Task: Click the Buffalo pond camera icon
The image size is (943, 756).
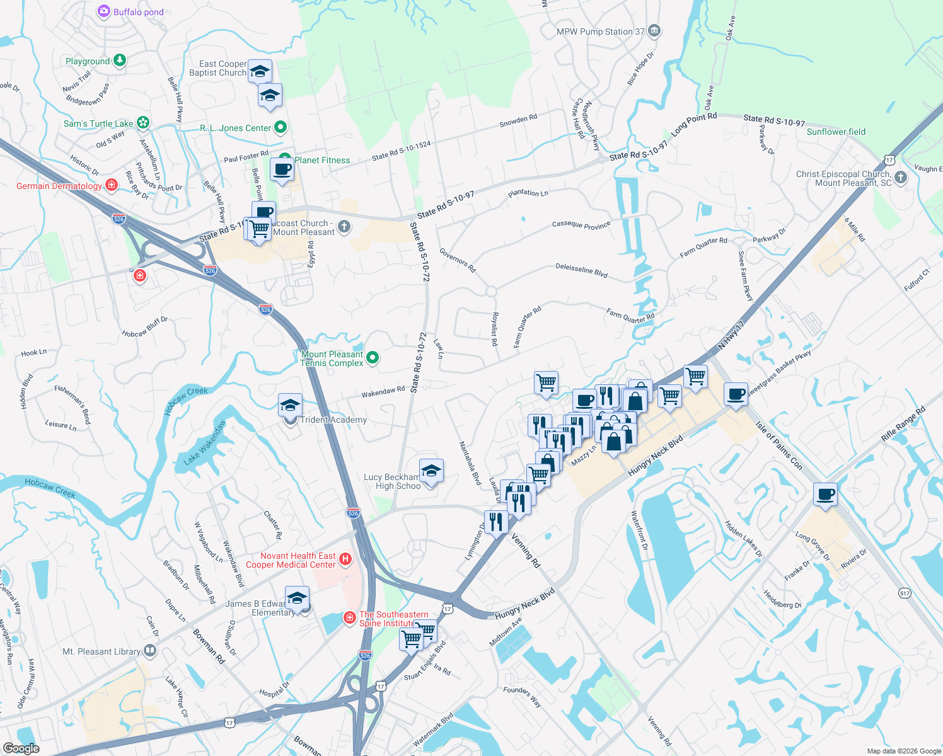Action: point(104,11)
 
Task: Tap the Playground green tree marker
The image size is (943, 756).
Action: point(120,60)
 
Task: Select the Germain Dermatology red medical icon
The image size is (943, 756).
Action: point(112,185)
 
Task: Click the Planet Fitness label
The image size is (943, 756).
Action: point(322,160)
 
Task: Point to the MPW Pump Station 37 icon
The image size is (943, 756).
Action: point(654,31)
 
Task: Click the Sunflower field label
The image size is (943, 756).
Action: point(836,132)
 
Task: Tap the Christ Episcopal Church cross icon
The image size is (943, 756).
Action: point(901,178)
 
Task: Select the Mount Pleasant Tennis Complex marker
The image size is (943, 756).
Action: point(373,358)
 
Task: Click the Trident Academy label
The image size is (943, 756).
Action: point(333,420)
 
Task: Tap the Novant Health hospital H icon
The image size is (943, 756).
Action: point(345,559)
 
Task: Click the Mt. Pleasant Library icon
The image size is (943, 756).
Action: point(150,650)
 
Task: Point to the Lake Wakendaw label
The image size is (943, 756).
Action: point(204,443)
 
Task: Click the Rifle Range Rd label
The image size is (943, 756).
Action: point(903,424)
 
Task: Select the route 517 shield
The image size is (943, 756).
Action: point(905,593)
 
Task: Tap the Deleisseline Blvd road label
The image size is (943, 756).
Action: point(581,270)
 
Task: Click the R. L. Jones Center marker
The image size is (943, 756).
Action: point(281,127)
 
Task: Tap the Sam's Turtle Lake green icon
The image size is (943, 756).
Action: point(143,122)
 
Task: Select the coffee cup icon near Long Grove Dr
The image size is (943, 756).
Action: point(825,495)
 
